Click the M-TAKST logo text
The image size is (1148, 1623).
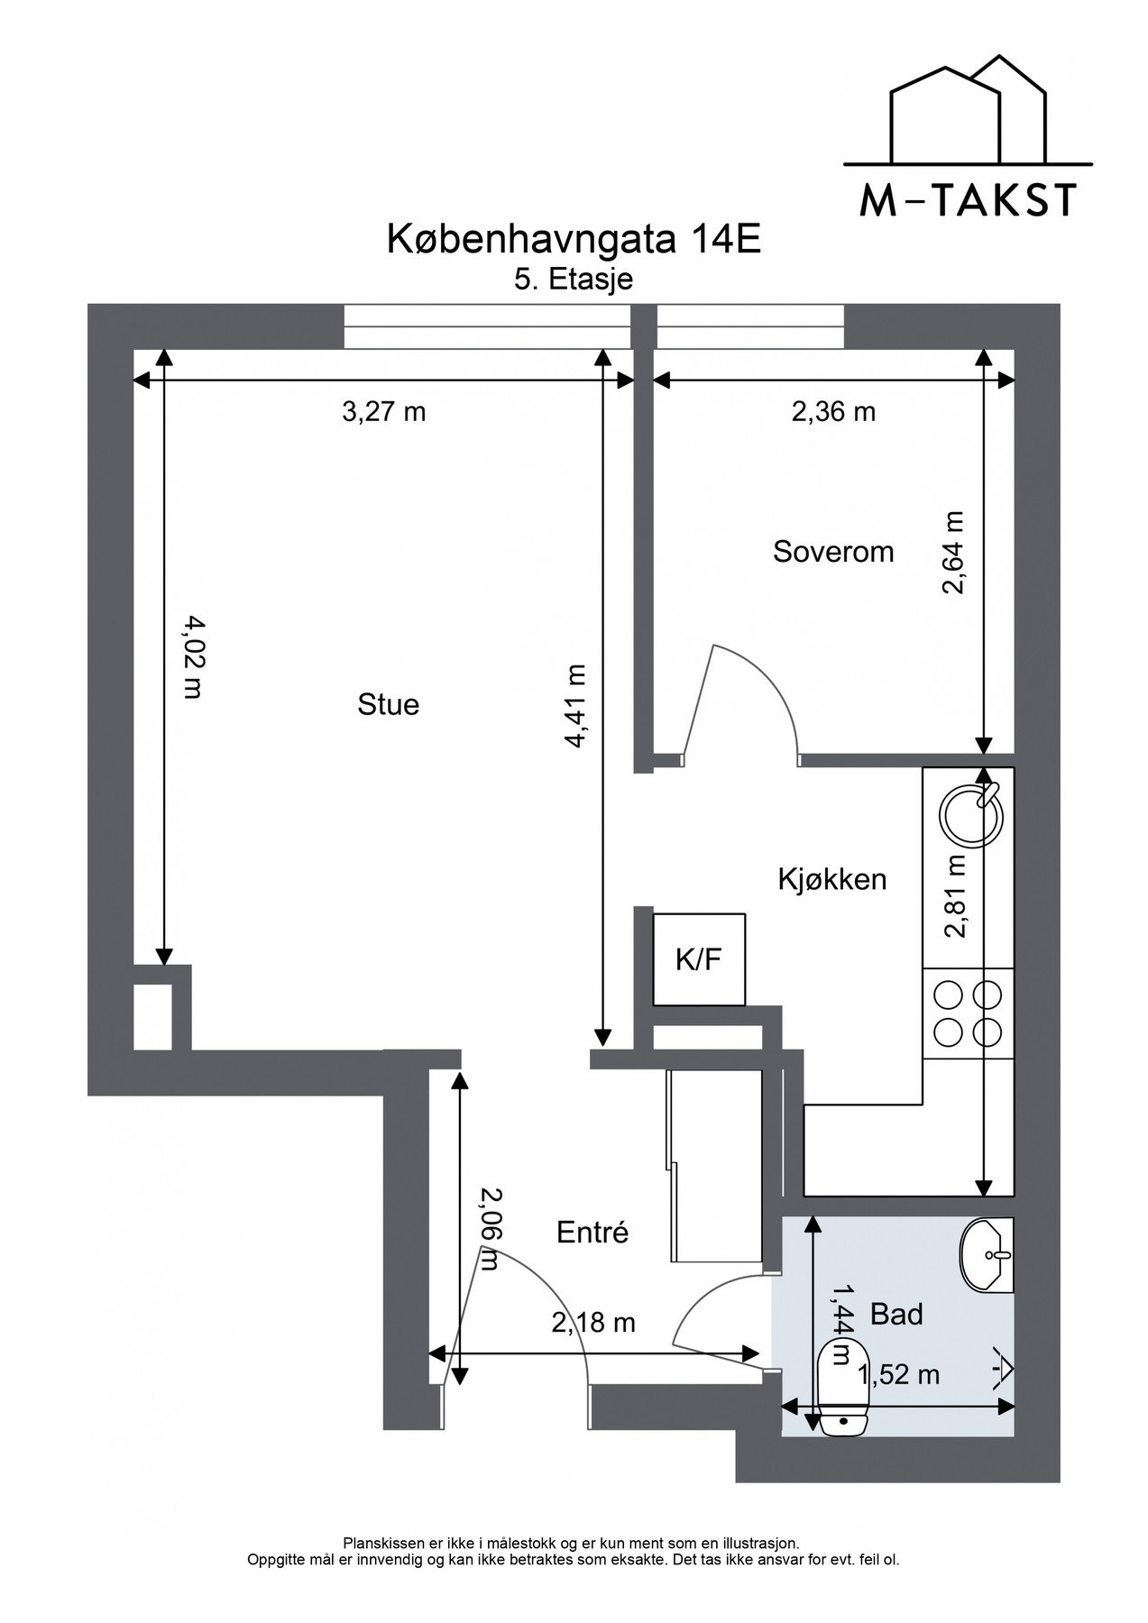968,199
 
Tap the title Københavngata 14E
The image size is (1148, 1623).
574,240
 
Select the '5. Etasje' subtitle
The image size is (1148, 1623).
574,280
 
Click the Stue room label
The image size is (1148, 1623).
389,704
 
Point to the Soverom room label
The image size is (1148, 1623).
833,552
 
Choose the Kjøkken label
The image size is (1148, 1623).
832,879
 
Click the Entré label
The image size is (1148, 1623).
592,1232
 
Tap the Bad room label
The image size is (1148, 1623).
896,1315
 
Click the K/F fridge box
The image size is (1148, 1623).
700,959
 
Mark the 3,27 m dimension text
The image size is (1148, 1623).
383,412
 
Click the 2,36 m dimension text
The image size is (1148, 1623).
833,412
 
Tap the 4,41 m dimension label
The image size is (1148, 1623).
574,706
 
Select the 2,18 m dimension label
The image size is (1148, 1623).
593,1323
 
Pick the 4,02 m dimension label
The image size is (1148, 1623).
191,656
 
